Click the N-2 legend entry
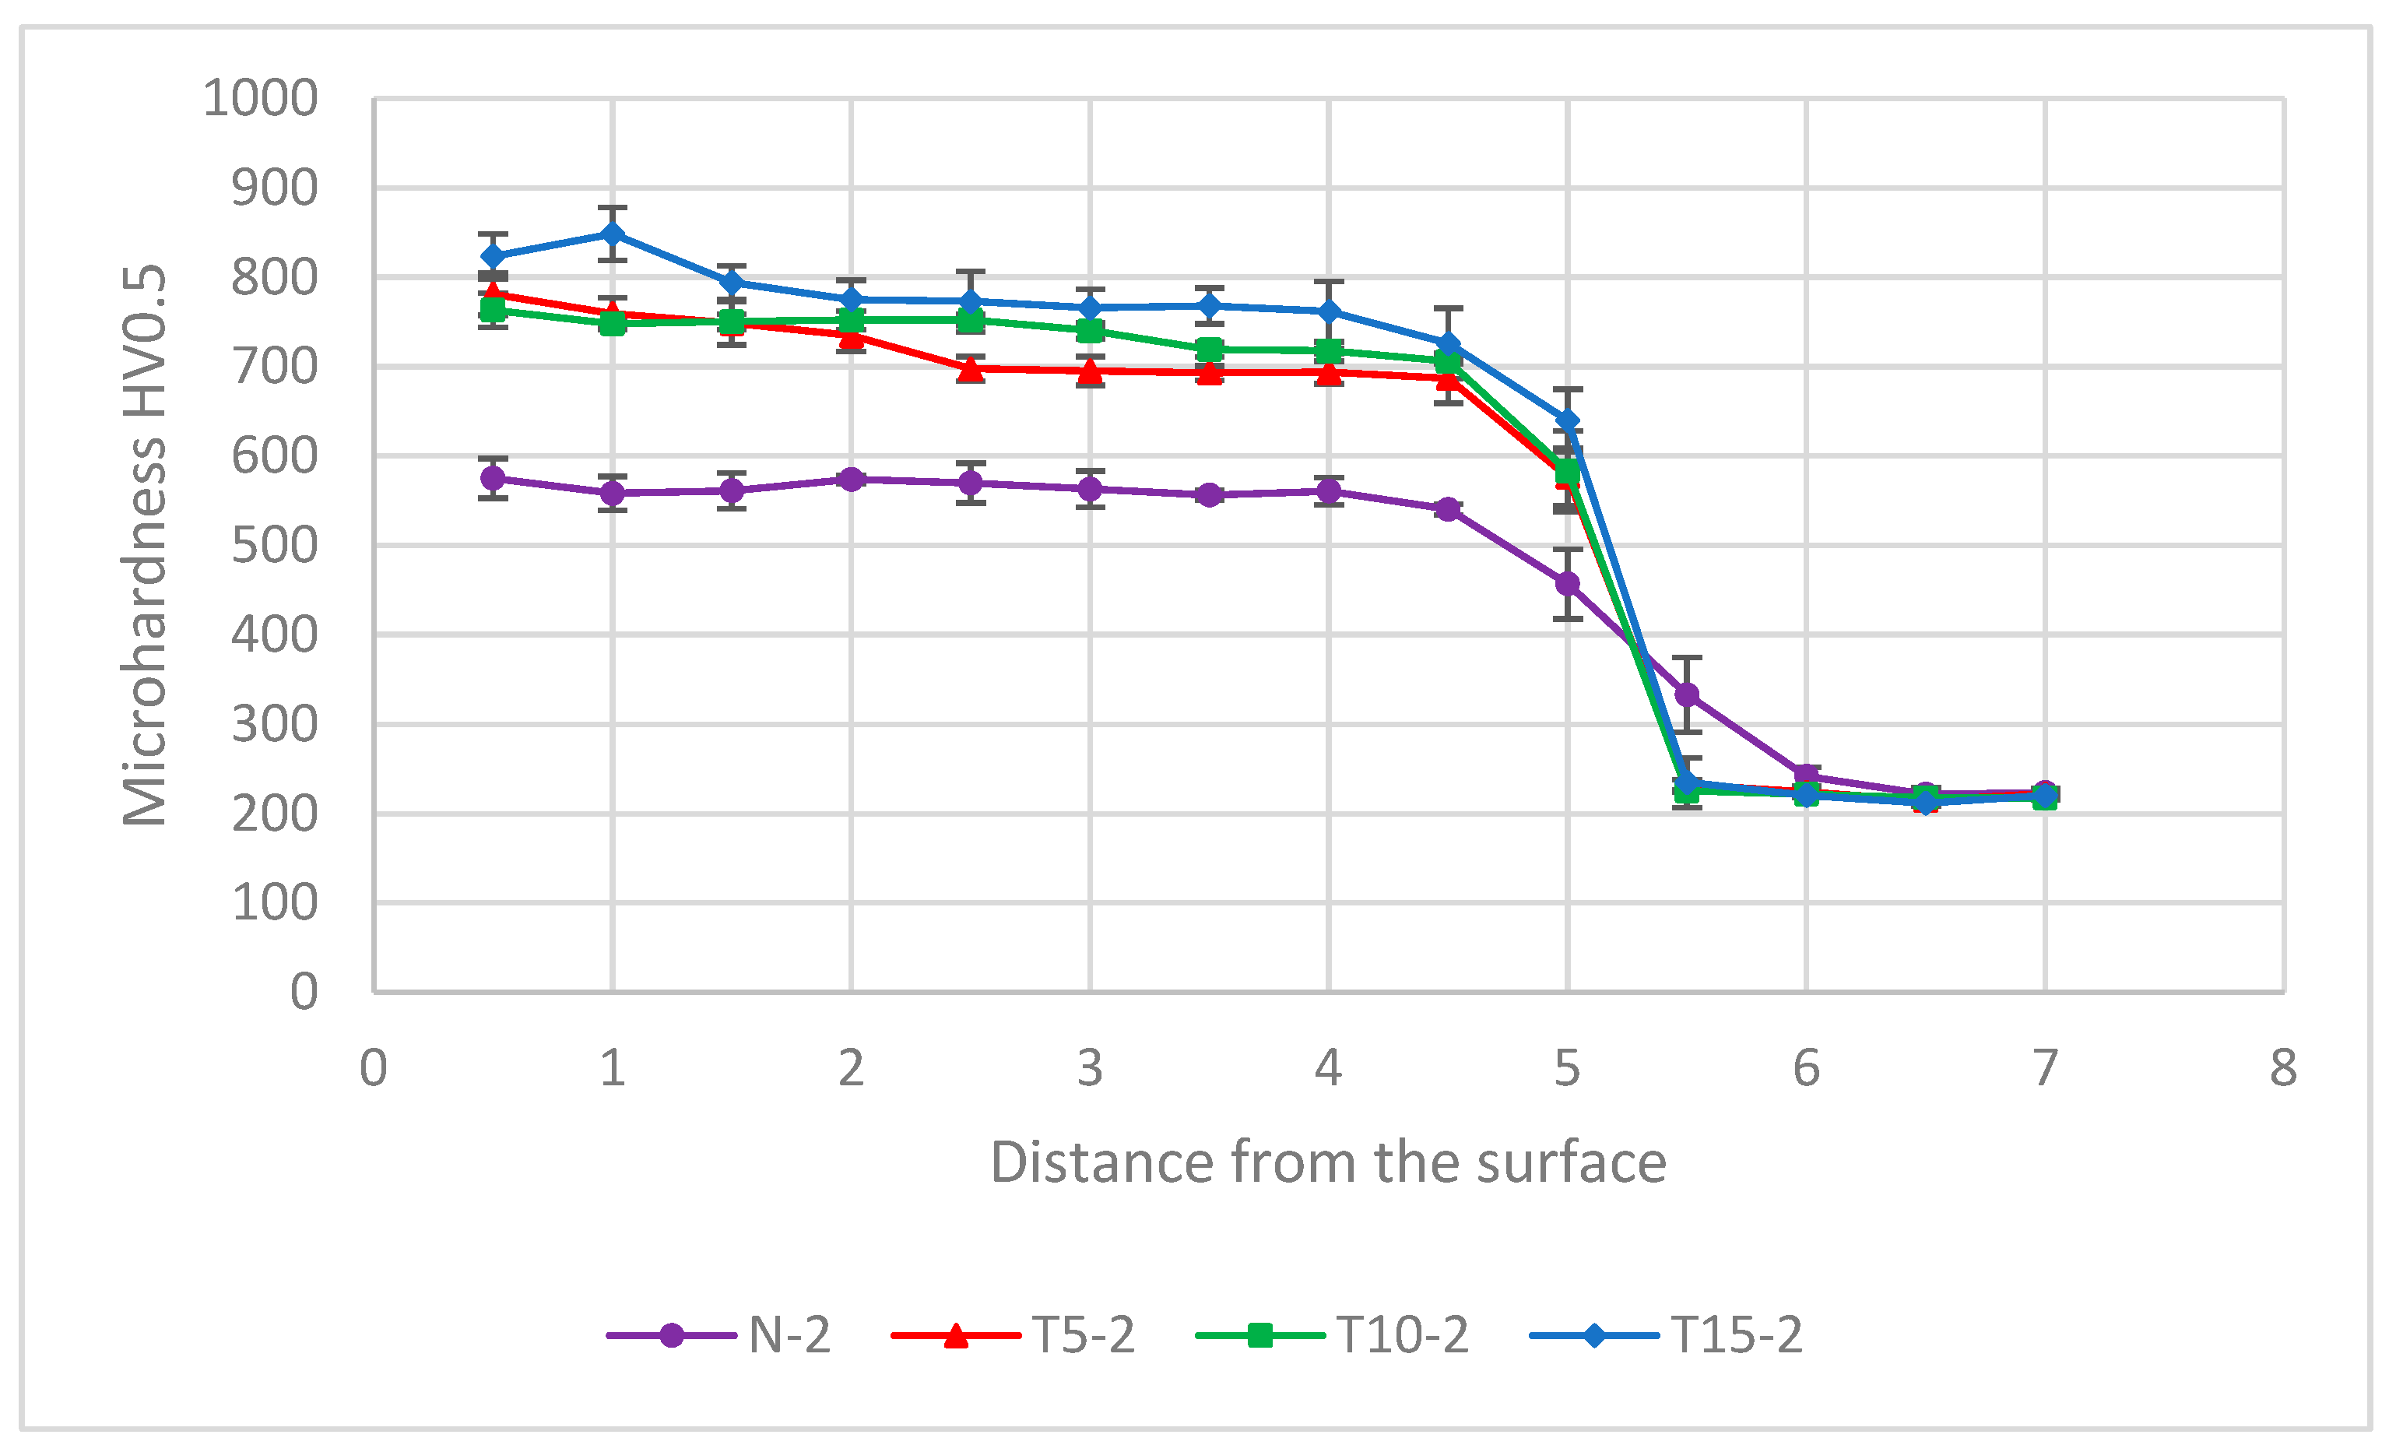719,1334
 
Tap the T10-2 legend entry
1332,1334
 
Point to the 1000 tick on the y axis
261,98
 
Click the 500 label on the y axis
274,546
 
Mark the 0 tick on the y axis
304,992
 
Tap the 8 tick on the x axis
2283,1069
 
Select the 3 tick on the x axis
1090,1069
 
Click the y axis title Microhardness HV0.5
144,546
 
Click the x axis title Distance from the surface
1328,1163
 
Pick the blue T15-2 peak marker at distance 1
613,234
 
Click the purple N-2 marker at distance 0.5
493,479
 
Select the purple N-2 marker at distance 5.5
1687,694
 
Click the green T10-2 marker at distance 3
1090,331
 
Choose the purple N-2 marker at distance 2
852,480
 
